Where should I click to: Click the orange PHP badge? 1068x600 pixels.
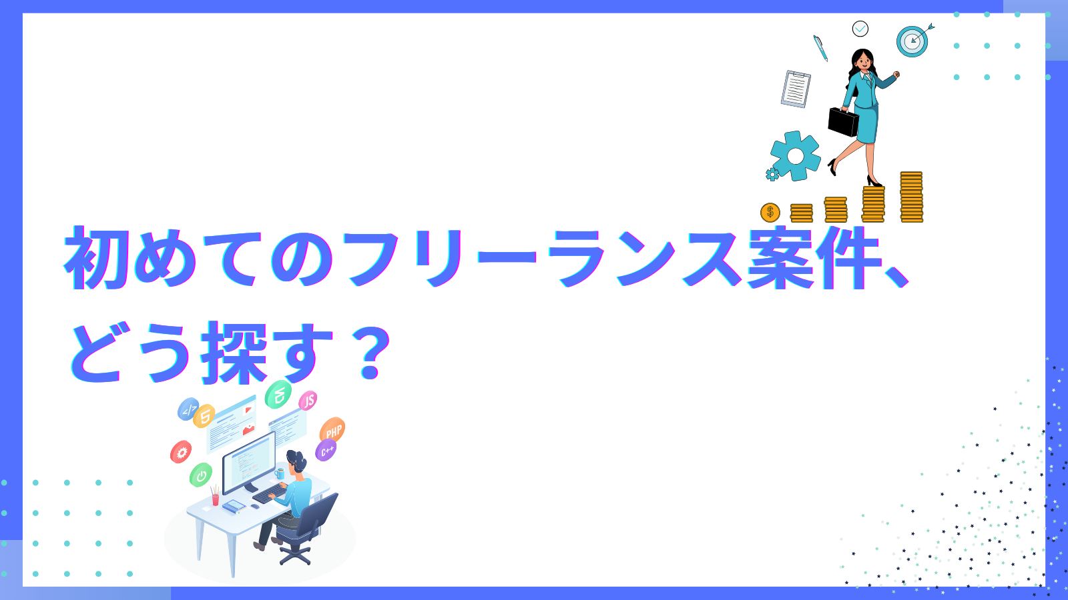click(332, 431)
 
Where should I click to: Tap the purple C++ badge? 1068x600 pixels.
click(326, 451)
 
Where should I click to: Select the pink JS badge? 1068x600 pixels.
click(308, 401)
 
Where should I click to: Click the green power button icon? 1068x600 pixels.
click(201, 475)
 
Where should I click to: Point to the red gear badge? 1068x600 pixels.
click(181, 452)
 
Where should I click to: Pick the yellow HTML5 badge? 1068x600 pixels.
click(204, 416)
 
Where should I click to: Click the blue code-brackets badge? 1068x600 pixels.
click(188, 409)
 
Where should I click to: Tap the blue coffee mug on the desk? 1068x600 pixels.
click(280, 473)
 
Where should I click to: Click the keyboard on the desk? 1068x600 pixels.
click(270, 494)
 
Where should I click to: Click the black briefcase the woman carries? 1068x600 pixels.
click(843, 123)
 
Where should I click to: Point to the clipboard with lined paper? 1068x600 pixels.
click(796, 89)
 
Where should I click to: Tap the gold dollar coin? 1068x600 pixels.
click(770, 213)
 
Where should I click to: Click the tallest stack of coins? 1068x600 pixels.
click(911, 197)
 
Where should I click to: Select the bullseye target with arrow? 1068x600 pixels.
click(914, 41)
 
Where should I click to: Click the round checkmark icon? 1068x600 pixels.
click(860, 29)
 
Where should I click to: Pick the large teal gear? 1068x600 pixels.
click(795, 156)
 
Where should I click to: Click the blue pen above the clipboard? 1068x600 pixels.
click(820, 48)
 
